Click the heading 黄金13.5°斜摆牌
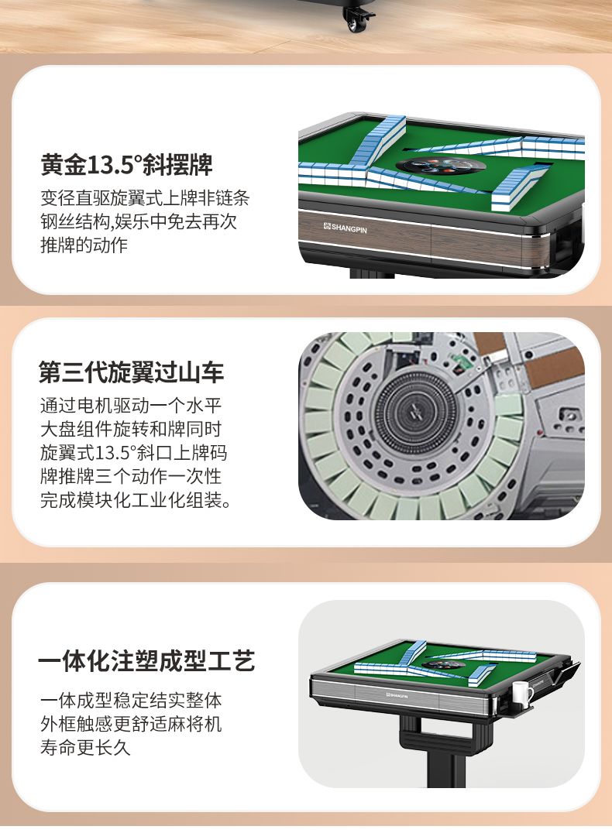(x=126, y=164)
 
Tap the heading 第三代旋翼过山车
(x=131, y=372)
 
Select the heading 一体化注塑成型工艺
(x=146, y=661)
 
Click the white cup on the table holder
(x=521, y=694)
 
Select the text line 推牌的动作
(x=84, y=245)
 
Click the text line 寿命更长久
(x=85, y=748)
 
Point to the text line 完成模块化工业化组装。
(x=136, y=499)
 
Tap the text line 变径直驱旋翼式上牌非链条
(x=145, y=197)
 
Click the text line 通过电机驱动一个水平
(x=131, y=406)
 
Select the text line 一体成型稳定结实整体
(x=131, y=700)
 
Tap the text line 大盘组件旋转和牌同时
(x=131, y=429)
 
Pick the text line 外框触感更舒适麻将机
(x=131, y=724)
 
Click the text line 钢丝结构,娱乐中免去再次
(x=139, y=221)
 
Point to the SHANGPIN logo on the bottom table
(x=397, y=695)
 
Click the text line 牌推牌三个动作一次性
(x=131, y=476)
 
